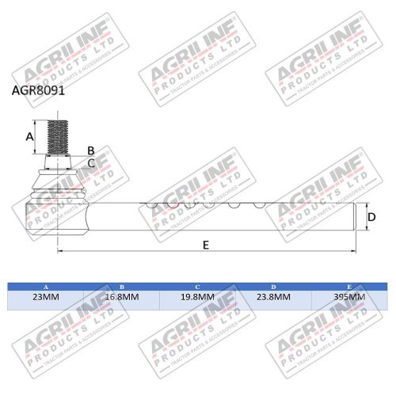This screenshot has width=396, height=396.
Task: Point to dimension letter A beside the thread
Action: coord(30,135)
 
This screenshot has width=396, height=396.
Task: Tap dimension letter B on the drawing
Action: coord(90,150)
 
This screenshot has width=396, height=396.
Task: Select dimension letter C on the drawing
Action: coord(91,162)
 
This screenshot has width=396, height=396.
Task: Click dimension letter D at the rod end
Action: coord(371,216)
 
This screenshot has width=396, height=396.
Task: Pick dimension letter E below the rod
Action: coord(205,246)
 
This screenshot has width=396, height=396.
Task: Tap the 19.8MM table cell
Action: coord(197,298)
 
